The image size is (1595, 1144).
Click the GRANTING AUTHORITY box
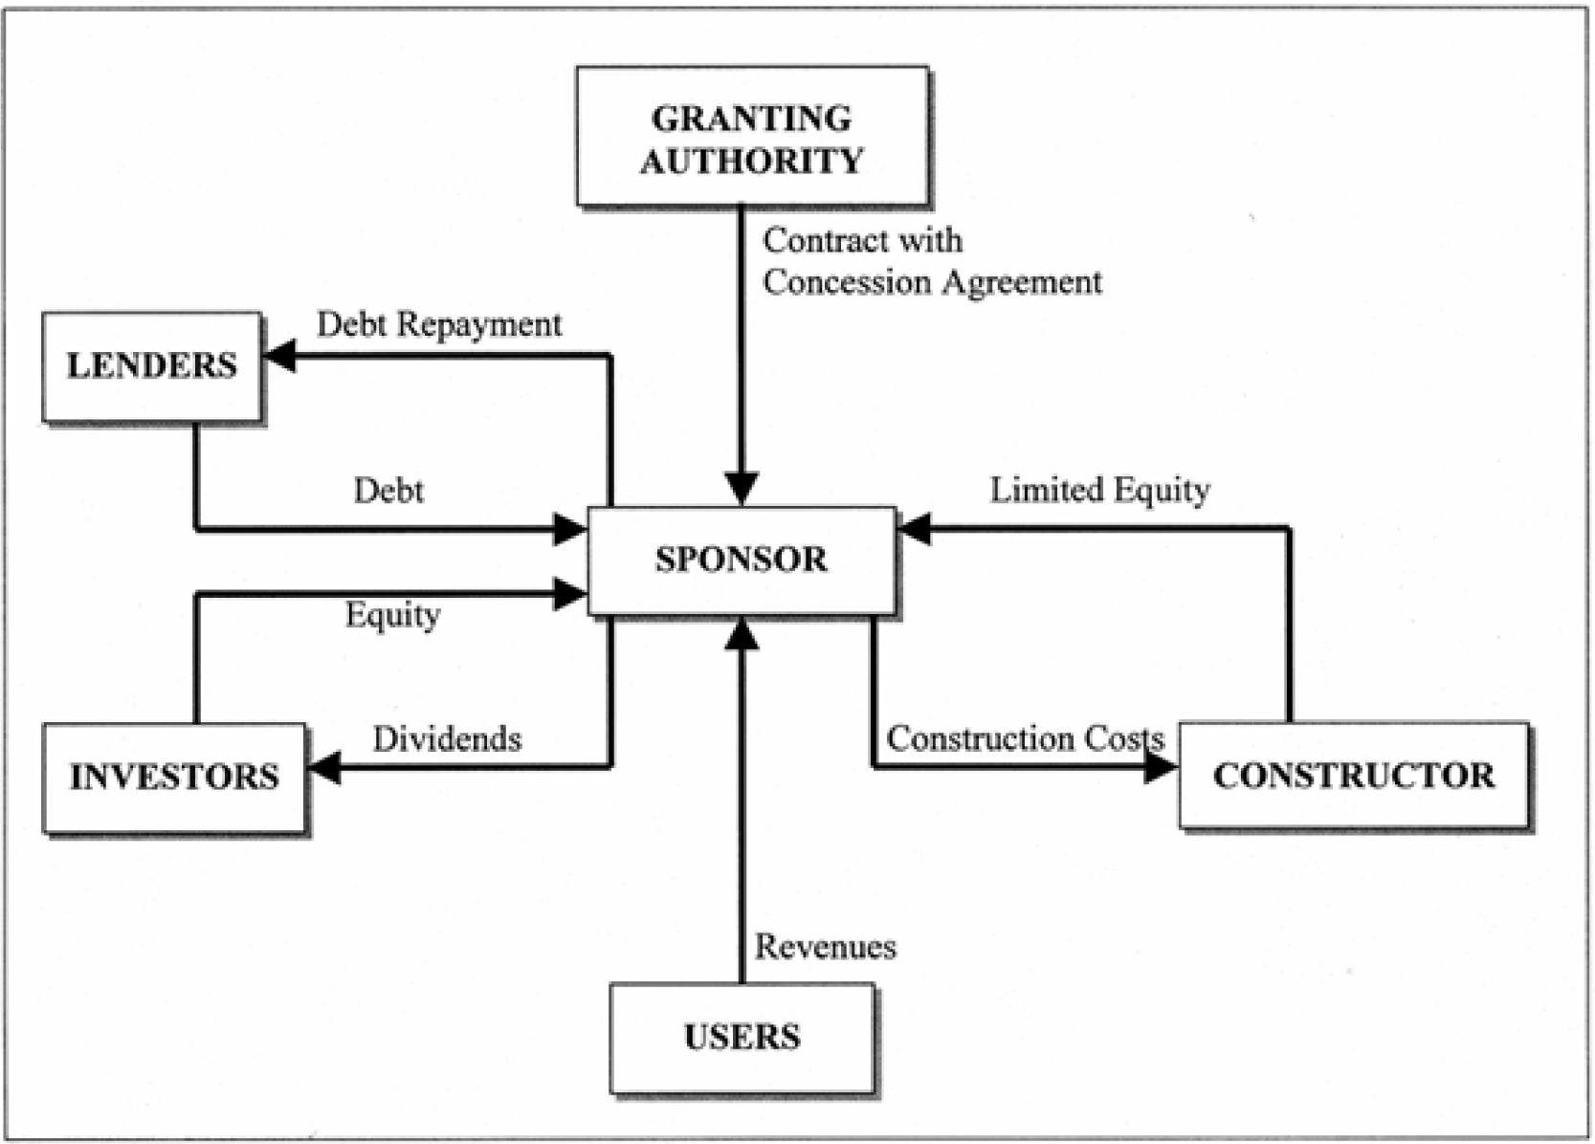pyautogui.click(x=752, y=136)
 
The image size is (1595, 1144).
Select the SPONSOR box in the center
pyautogui.click(x=742, y=560)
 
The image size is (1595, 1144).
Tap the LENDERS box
pyautogui.click(x=152, y=365)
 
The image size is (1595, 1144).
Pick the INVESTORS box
pyautogui.click(x=174, y=777)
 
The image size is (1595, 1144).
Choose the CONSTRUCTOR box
pyautogui.click(x=1353, y=775)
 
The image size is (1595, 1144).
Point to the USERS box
pyautogui.click(x=742, y=1037)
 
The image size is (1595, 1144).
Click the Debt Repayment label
pyautogui.click(x=439, y=325)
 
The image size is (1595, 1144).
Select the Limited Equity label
pyautogui.click(x=1099, y=490)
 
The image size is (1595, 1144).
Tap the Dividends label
pyautogui.click(x=447, y=739)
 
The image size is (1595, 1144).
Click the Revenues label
pyautogui.click(x=826, y=947)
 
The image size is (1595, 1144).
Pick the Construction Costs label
pyautogui.click(x=1025, y=738)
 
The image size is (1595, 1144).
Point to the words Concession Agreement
pyautogui.click(x=932, y=283)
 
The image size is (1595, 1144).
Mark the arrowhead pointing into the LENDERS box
pyautogui.click(x=278, y=356)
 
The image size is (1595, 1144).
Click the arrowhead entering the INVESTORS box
pyautogui.click(x=324, y=767)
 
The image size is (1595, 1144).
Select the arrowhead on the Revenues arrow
pyautogui.click(x=742, y=634)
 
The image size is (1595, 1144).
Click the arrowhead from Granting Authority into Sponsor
pyautogui.click(x=742, y=489)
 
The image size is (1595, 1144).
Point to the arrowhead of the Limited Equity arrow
pyautogui.click(x=915, y=528)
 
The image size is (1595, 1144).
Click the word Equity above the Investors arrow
pyautogui.click(x=392, y=615)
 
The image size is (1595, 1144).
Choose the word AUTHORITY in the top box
pyautogui.click(x=752, y=161)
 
